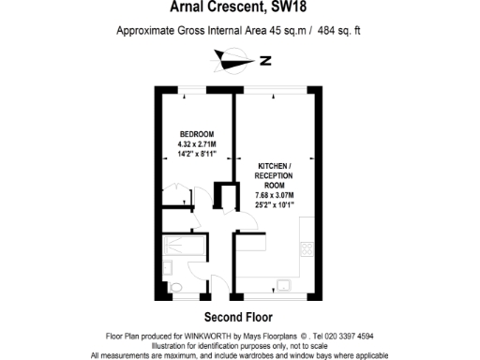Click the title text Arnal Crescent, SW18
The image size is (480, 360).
pos(239,9)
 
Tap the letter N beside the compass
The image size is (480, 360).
pos(265,62)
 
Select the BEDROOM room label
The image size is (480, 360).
pos(197,134)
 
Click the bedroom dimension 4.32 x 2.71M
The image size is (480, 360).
pos(197,143)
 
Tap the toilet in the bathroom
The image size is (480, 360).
pos(178,286)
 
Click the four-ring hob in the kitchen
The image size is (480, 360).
pos(307,247)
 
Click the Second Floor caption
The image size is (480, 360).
pos(239,317)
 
